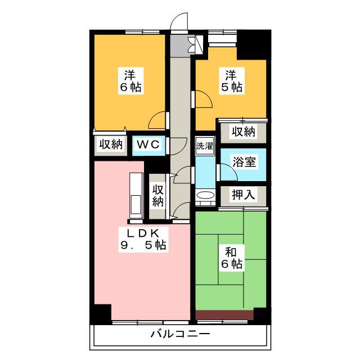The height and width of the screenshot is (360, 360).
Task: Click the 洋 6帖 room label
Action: click(131, 81)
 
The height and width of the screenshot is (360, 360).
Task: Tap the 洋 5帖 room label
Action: click(231, 81)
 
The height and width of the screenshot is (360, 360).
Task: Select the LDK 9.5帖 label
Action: click(143, 240)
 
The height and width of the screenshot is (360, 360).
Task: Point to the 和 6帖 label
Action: click(231, 258)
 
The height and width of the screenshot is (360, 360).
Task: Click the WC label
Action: click(148, 145)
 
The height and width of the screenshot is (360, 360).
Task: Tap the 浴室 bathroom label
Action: click(244, 162)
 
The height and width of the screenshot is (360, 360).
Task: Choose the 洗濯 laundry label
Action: click(205, 146)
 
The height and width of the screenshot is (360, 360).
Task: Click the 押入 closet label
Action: click(244, 195)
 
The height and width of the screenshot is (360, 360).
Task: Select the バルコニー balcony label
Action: click(180, 334)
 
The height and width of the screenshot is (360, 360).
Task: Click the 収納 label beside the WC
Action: click(111, 145)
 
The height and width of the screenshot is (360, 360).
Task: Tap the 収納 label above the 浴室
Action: click(244, 132)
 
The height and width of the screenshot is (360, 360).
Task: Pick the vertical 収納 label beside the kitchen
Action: click(158, 195)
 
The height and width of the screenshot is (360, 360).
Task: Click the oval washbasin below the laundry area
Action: click(206, 195)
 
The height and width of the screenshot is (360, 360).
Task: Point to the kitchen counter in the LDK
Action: click(136, 196)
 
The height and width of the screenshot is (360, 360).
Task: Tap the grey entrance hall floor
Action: click(180, 46)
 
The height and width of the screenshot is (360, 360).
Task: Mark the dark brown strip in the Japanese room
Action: click(224, 315)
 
